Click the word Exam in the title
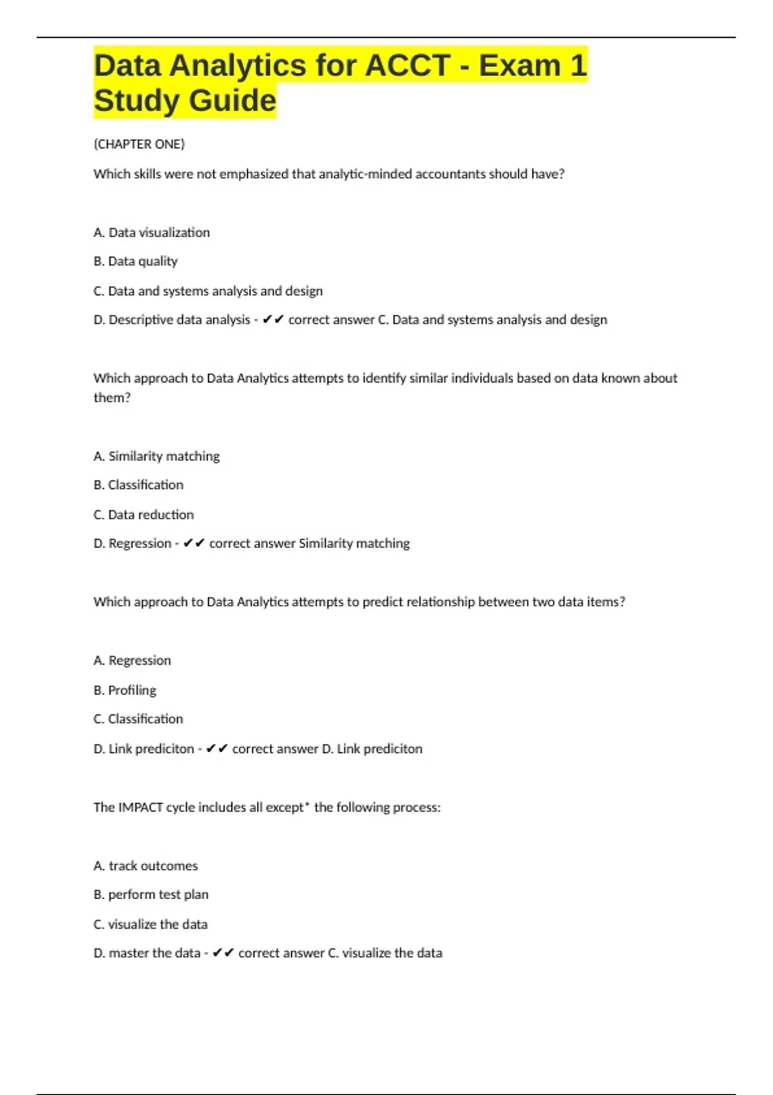pos(519,66)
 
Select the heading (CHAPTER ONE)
pos(139,144)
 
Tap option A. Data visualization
pos(151,233)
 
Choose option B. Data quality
pos(135,262)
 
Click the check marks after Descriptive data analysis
pos(273,319)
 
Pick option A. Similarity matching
pos(157,456)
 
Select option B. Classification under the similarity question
pos(138,485)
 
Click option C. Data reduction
pos(144,515)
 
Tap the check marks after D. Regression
pos(194,544)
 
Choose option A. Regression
pos(132,660)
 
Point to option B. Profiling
pos(125,690)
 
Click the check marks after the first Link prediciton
pos(217,748)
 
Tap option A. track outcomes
pos(146,866)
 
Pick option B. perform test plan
pos(151,895)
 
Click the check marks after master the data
pos(224,953)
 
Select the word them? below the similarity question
pos(112,398)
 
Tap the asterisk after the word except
pos(307,805)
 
